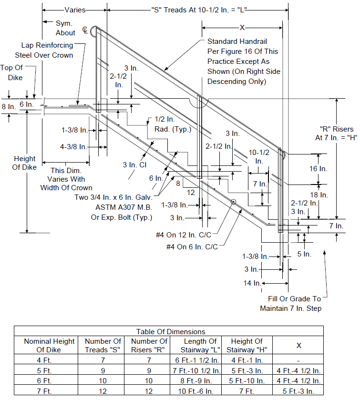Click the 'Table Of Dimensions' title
pos(170,331)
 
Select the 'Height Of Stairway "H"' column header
pos(247,345)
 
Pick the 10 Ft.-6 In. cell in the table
pos(195,391)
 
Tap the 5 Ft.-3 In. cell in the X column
pos(298,391)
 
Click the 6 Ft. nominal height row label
pos(44,380)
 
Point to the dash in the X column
pos(298,361)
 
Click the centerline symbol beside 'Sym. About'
pos(85,30)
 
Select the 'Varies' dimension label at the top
pos(75,10)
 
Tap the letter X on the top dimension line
pos(242,28)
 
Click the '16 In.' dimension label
pos(318,169)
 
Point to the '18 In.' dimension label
pos(319,195)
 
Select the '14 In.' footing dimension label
pos(252,283)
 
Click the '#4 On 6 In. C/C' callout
pos(192,246)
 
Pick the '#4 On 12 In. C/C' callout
pos(184,235)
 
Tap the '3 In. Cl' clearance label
pos(134,165)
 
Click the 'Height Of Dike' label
pos(24,163)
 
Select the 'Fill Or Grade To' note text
pos(294,299)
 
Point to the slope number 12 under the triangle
pos(191,192)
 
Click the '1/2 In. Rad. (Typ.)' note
pos(173,124)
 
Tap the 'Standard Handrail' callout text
pos(237,41)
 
